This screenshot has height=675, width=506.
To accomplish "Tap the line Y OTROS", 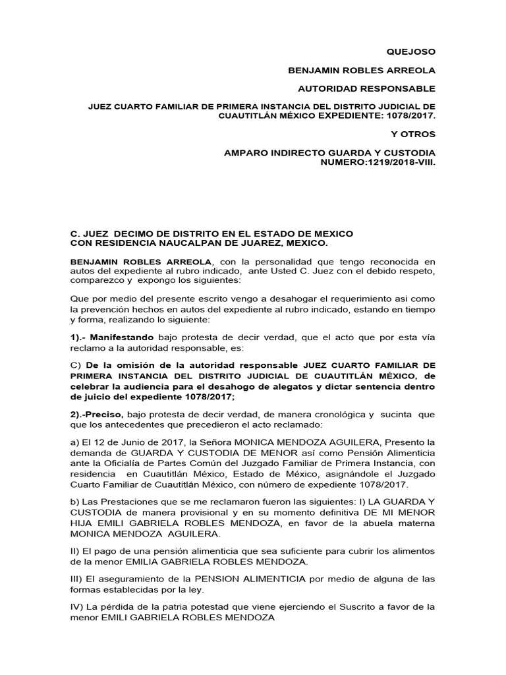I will pyautogui.click(x=413, y=134).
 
